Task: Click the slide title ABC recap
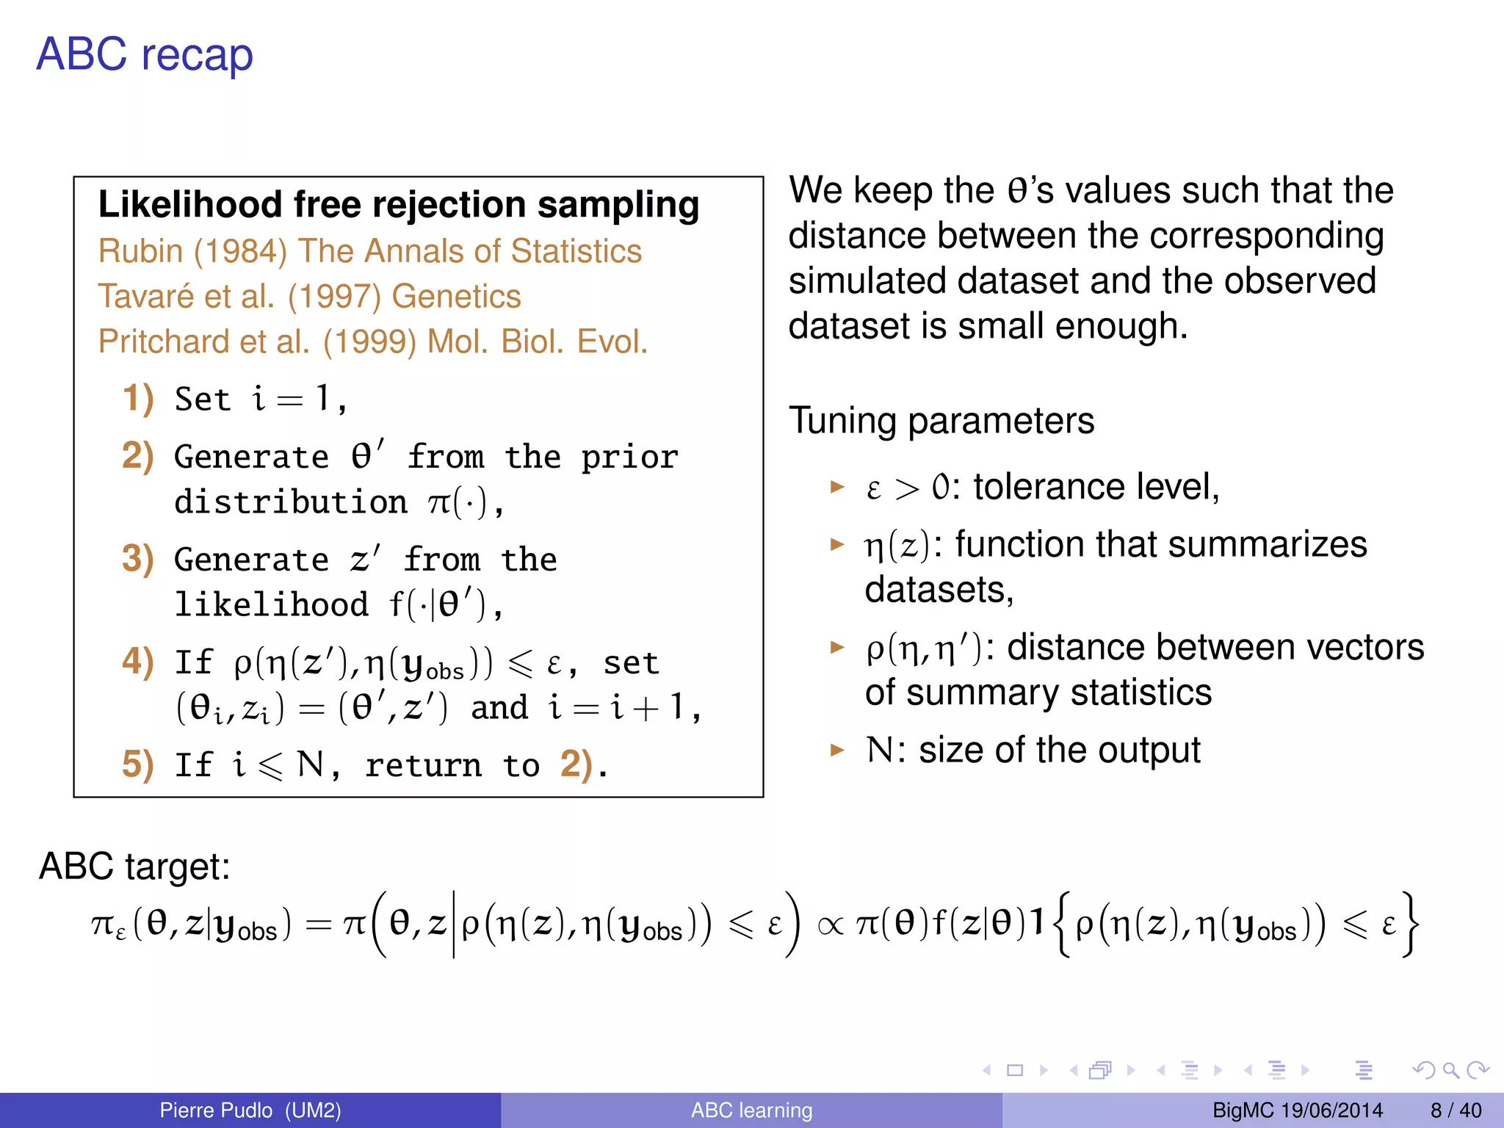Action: tap(145, 54)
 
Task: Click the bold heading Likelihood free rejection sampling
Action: tap(399, 204)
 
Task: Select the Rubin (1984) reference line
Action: tap(370, 251)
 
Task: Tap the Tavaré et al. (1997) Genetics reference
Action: tap(309, 297)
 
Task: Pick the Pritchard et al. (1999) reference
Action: tap(373, 341)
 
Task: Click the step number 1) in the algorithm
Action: tap(138, 398)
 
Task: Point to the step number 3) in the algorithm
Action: tap(138, 559)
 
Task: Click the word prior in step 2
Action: tap(629, 458)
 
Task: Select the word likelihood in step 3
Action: tap(271, 604)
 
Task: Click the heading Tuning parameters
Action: tap(941, 421)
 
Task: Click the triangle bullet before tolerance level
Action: tap(837, 486)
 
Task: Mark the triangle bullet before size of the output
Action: tap(837, 750)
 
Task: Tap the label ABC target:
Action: tap(134, 867)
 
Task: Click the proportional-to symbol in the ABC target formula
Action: tap(830, 926)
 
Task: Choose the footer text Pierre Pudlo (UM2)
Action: tap(250, 1110)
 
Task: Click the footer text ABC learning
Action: tap(751, 1110)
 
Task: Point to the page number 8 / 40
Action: tap(1456, 1110)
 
